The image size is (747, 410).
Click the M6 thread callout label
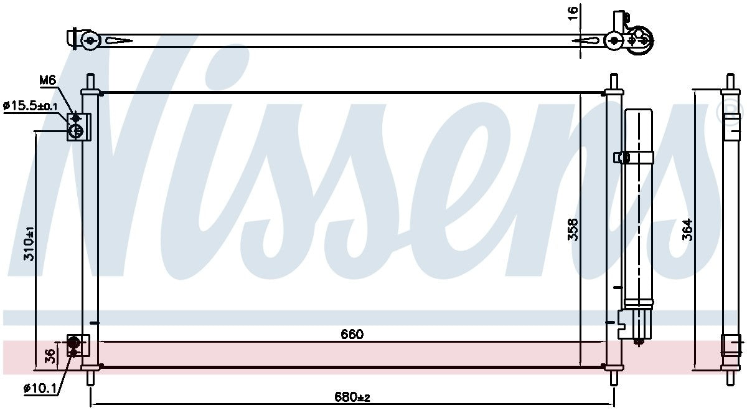(x=48, y=80)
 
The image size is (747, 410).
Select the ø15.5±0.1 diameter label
(x=31, y=106)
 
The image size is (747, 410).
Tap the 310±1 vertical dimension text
(x=29, y=244)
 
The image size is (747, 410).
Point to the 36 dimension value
(x=49, y=355)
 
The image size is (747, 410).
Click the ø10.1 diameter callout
(x=40, y=388)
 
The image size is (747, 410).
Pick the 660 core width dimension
(x=352, y=334)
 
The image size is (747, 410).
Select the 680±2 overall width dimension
(x=352, y=397)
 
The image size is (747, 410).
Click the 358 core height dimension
(x=573, y=229)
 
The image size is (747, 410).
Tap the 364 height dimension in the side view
(x=687, y=230)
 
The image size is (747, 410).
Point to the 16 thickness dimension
(x=573, y=13)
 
